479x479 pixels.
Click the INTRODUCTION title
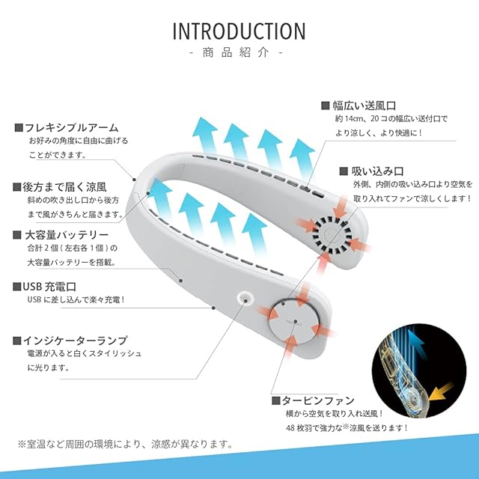point(239,31)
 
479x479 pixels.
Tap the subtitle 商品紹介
point(239,54)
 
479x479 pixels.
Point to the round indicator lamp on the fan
point(244,299)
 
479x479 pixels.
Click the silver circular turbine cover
point(293,320)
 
